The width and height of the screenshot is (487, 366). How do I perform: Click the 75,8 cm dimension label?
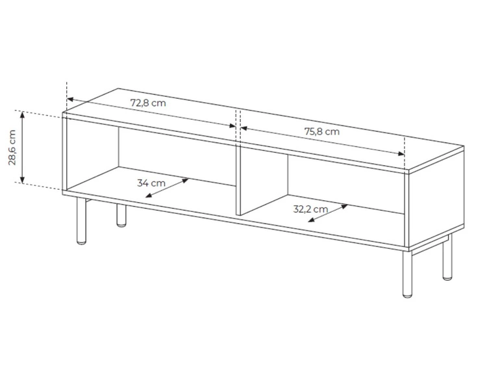click(322, 131)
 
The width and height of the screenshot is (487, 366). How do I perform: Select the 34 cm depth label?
click(151, 183)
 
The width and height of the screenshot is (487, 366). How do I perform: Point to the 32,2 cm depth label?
click(310, 209)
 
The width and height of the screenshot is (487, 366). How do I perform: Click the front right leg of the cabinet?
click(406, 273)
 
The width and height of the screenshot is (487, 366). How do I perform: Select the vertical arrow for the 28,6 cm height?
click(23, 148)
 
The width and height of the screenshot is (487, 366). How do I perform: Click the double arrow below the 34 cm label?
click(167, 188)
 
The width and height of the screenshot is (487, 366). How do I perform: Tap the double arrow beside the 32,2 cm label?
click(327, 213)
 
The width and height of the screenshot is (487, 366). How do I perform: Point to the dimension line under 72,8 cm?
click(149, 113)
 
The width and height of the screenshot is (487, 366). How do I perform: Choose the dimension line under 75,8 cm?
click(323, 142)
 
